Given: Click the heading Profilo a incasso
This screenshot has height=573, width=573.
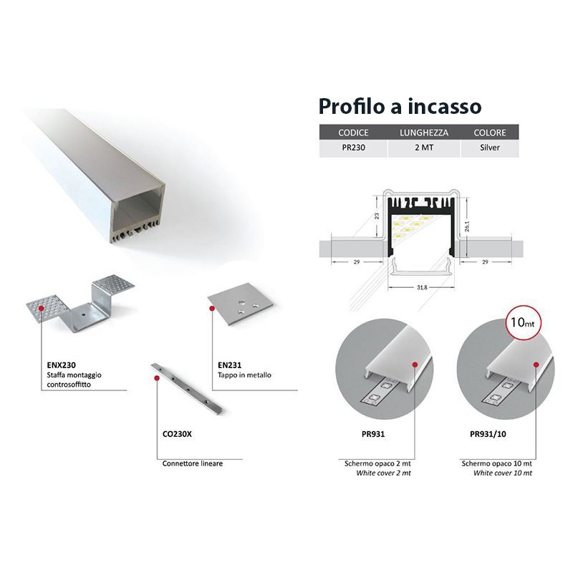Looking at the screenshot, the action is pyautogui.click(x=400, y=106).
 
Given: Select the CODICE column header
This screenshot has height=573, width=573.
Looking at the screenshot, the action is pyautogui.click(x=353, y=133).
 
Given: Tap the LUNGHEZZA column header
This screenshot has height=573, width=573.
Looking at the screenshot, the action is pyautogui.click(x=424, y=133).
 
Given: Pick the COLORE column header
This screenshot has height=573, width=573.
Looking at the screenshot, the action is pyautogui.click(x=490, y=133).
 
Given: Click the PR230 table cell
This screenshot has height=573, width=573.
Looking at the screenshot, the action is pyautogui.click(x=353, y=148).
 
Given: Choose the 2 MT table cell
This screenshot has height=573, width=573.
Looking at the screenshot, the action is pyautogui.click(x=424, y=148).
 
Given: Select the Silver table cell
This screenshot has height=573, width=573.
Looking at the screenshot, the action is pyautogui.click(x=490, y=148).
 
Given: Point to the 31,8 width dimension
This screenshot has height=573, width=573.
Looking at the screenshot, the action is pyautogui.click(x=422, y=288).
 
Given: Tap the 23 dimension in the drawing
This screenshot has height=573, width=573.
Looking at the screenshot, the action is pyautogui.click(x=377, y=216).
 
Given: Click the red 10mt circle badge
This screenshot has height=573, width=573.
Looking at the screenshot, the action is pyautogui.click(x=523, y=322).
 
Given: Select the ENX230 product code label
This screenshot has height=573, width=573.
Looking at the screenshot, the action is pyautogui.click(x=61, y=365).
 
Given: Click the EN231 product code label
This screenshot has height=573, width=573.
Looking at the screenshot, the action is pyautogui.click(x=229, y=365).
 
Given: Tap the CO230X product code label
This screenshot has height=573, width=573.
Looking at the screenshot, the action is pyautogui.click(x=177, y=434).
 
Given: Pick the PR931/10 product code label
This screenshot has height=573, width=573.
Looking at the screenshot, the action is pyautogui.click(x=488, y=434).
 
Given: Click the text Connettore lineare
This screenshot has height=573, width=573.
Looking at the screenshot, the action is pyautogui.click(x=193, y=463).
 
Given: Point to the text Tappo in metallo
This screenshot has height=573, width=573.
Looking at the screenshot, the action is pyautogui.click(x=244, y=375).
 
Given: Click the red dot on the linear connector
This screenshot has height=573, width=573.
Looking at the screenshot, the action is pyautogui.click(x=157, y=378).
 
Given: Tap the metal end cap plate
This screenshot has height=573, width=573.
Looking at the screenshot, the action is pyautogui.click(x=241, y=303).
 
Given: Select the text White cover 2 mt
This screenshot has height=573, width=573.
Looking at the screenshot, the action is pyautogui.click(x=383, y=473).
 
